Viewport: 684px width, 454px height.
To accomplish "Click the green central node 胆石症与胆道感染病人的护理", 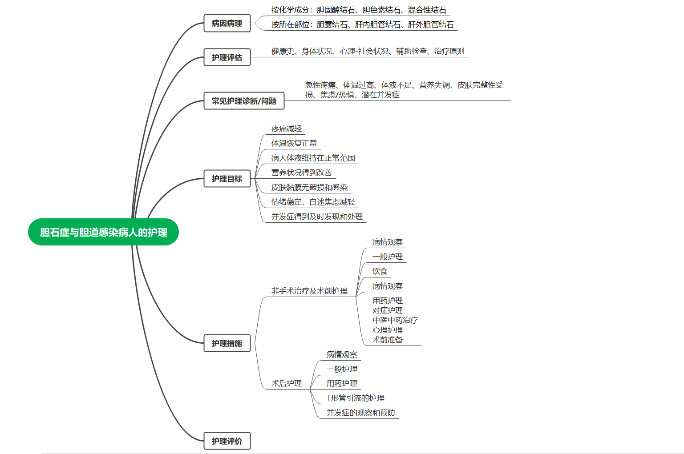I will (103, 232).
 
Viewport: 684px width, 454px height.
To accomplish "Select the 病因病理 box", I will (227, 23).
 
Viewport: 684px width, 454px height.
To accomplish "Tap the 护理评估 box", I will (227, 57).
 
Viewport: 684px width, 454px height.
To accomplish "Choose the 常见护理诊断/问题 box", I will (244, 101).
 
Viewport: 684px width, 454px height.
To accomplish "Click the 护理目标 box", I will (227, 179).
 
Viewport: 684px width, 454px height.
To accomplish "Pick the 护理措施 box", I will (227, 343).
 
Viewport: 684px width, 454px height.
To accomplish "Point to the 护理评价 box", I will (227, 441).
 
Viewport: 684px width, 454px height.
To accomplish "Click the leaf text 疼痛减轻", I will (287, 129).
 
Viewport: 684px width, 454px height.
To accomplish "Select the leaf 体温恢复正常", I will (294, 143).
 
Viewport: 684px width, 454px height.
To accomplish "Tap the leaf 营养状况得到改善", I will (302, 173).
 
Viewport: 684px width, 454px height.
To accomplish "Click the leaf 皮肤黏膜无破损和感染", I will (310, 187).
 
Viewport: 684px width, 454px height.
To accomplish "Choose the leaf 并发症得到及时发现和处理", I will (317, 217).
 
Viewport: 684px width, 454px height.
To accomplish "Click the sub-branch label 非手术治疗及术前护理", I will (309, 291).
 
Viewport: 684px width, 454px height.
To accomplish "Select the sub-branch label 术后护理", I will (287, 383).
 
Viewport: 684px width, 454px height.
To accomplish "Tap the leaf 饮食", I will (380, 271).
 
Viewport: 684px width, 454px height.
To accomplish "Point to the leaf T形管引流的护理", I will (356, 398).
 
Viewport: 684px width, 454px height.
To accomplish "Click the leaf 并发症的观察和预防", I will (361, 413).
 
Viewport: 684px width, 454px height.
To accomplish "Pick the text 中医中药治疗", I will (395, 320).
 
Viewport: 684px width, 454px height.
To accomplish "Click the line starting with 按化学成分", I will (359, 10).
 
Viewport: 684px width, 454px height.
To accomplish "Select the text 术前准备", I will (388, 340).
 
